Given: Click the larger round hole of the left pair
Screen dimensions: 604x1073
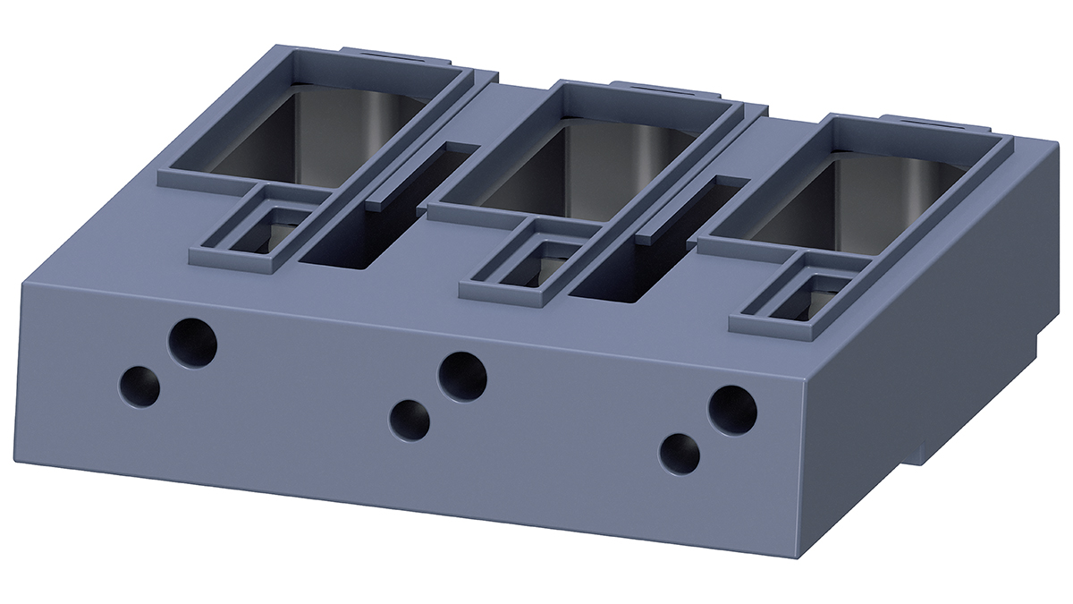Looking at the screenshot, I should pyautogui.click(x=193, y=343).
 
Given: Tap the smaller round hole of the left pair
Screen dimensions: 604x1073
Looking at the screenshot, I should pyautogui.click(x=139, y=387).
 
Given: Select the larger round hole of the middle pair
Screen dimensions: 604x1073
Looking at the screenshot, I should pyautogui.click(x=462, y=376).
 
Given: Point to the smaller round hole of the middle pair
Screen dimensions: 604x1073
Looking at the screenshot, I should pyautogui.click(x=410, y=419).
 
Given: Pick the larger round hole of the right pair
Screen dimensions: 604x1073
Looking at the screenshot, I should pyautogui.click(x=732, y=410).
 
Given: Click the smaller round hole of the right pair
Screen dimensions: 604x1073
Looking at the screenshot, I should pyautogui.click(x=680, y=453).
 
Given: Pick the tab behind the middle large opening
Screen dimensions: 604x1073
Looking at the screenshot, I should pyautogui.click(x=666, y=89).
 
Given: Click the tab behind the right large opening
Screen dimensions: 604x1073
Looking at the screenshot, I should pyautogui.click(x=930, y=121).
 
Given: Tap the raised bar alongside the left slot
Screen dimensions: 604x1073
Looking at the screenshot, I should pyautogui.click(x=418, y=174).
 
